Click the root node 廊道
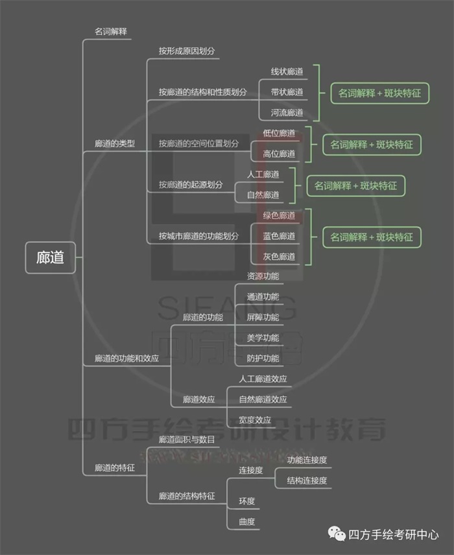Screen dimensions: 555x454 pos(51,257)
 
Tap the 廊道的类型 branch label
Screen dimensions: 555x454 pos(114,143)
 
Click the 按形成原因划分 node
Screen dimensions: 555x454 pos(187,50)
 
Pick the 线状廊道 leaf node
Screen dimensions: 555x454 pos(287,71)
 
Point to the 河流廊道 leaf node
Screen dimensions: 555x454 pos(287,113)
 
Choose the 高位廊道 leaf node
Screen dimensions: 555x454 pos(279,154)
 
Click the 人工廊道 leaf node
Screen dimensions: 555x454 pos(263,174)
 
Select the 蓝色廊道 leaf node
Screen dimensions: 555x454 pos(279,236)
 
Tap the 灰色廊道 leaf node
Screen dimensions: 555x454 pos(279,257)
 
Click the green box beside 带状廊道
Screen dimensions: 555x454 pos(380,93)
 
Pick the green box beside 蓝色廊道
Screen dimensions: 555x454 pos(372,237)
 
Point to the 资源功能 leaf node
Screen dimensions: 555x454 pos(263,276)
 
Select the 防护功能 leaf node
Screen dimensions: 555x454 pos(263,359)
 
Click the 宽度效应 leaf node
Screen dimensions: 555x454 pos(255,419)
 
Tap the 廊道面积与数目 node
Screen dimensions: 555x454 pos(187,440)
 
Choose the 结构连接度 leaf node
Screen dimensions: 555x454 pos(307,480)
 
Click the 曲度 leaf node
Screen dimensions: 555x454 pos(246,521)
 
